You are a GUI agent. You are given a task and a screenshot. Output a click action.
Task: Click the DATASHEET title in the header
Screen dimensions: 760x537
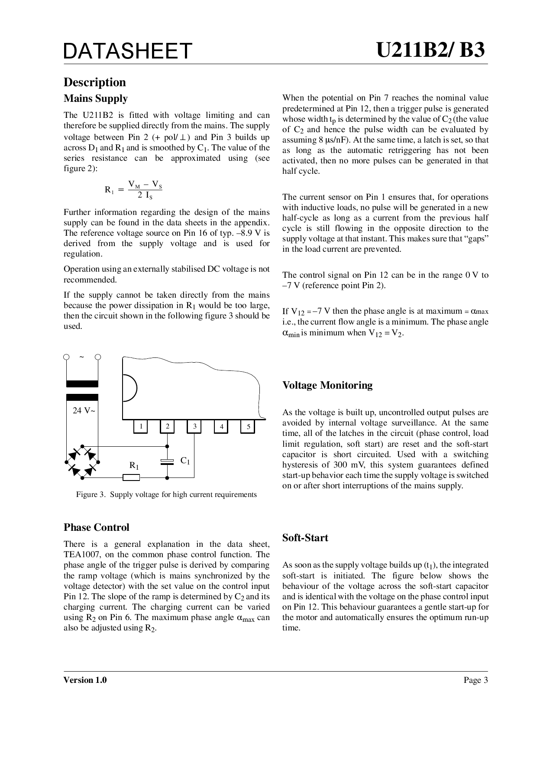(x=127, y=51)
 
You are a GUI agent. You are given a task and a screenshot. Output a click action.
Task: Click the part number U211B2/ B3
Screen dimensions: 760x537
(x=430, y=50)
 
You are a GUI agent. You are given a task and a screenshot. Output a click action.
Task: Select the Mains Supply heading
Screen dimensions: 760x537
(x=96, y=99)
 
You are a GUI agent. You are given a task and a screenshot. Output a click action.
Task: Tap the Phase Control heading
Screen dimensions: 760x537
(x=97, y=527)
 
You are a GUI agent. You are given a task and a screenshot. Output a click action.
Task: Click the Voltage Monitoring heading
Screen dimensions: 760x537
(x=327, y=385)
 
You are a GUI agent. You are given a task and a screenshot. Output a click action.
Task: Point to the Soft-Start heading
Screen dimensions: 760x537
(x=305, y=538)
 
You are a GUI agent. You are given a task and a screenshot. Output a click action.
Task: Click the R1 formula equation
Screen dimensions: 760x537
(x=133, y=190)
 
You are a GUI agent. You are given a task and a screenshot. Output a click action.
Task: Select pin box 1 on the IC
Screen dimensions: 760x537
(x=140, y=427)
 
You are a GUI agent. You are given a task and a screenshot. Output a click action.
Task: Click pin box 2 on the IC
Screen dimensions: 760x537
(x=167, y=427)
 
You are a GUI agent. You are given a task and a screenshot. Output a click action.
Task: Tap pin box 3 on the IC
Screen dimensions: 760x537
(x=194, y=427)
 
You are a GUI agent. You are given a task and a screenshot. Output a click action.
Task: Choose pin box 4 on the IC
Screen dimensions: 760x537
(x=221, y=427)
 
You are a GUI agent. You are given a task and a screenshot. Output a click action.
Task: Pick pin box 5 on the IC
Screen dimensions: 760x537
(x=248, y=427)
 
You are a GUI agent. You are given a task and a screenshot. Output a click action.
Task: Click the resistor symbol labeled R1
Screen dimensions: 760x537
(x=131, y=477)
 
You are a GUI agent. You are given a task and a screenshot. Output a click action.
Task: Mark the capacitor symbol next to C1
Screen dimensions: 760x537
(x=167, y=462)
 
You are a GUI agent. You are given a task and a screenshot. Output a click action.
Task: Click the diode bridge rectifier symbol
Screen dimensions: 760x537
(x=82, y=462)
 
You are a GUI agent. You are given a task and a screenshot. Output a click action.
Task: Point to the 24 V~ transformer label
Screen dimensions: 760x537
(x=84, y=411)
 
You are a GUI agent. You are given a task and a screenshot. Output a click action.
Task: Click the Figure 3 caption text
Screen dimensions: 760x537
(x=166, y=495)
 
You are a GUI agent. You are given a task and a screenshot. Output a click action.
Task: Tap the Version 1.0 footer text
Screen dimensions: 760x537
(x=85, y=680)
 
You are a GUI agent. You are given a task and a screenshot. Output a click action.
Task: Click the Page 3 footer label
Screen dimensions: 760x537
(x=476, y=680)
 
